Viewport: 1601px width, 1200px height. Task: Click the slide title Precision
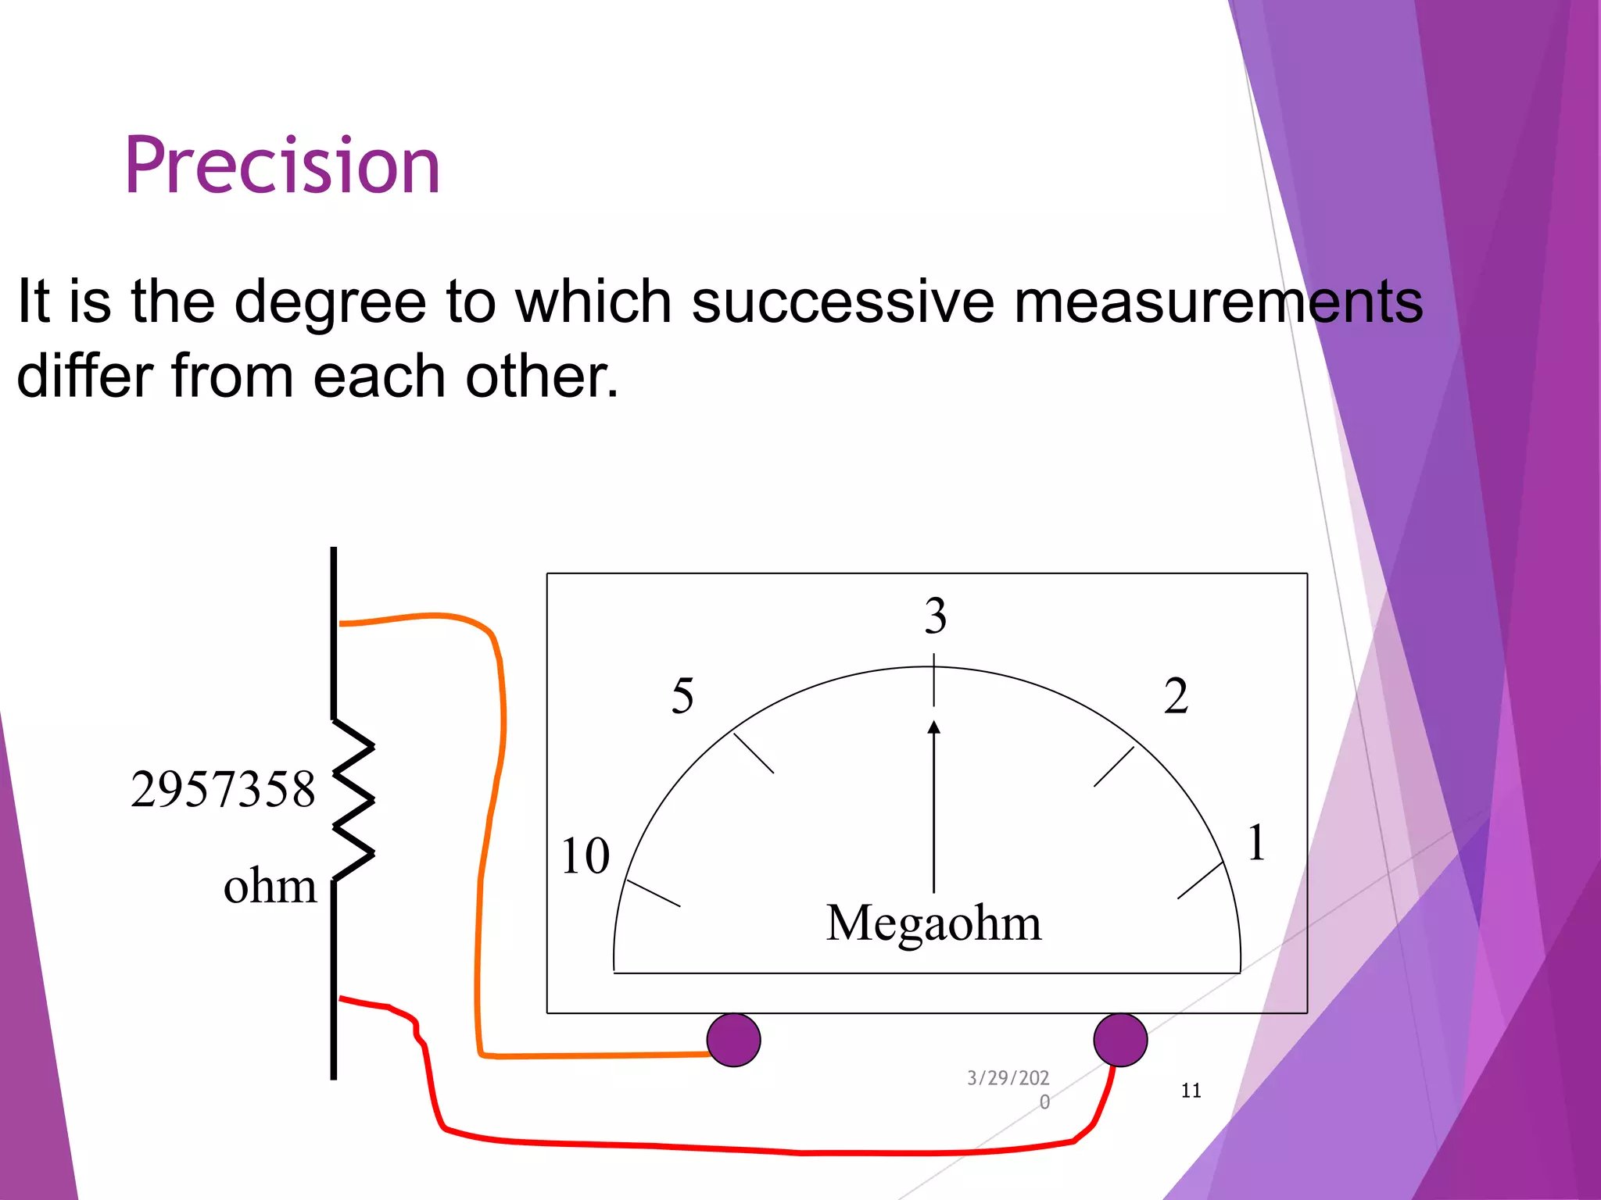pyautogui.click(x=282, y=166)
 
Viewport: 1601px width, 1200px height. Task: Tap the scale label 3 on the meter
pyautogui.click(x=936, y=616)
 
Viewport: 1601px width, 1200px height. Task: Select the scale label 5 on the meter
pyautogui.click(x=682, y=695)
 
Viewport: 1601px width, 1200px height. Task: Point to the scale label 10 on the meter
pyautogui.click(x=586, y=855)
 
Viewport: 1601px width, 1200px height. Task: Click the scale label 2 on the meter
pyautogui.click(x=1176, y=695)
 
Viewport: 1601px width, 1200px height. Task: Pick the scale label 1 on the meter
pyautogui.click(x=1256, y=843)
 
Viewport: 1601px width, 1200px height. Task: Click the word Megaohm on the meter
pyautogui.click(x=933, y=923)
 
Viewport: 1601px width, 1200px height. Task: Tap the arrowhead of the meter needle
pyautogui.click(x=933, y=727)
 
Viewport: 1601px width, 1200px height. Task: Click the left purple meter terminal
pyautogui.click(x=733, y=1040)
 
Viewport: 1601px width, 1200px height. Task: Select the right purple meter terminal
pyautogui.click(x=1120, y=1040)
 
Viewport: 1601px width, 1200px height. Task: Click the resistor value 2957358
pyautogui.click(x=223, y=789)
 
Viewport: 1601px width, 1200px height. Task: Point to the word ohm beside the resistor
pyautogui.click(x=270, y=887)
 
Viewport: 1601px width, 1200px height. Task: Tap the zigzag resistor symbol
pyautogui.click(x=353, y=800)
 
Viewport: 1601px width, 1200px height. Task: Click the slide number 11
pyautogui.click(x=1191, y=1091)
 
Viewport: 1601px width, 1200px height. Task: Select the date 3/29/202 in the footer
pyautogui.click(x=1008, y=1078)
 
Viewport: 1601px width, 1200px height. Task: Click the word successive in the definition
pyautogui.click(x=843, y=302)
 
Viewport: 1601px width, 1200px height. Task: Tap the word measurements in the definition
pyautogui.click(x=1218, y=302)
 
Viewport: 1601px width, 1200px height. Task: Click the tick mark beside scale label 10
pyautogui.click(x=654, y=893)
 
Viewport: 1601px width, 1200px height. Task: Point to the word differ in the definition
pyautogui.click(x=84, y=376)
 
